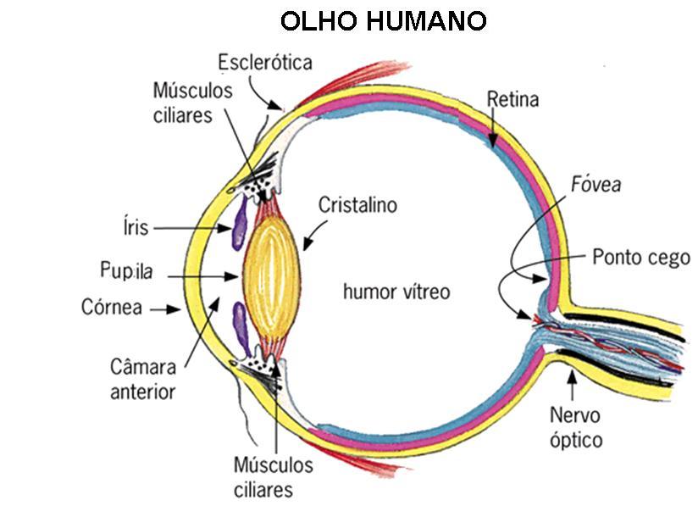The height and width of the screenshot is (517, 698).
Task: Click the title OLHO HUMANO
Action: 383,20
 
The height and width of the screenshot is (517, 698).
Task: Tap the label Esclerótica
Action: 264,63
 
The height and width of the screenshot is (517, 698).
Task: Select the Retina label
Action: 512,100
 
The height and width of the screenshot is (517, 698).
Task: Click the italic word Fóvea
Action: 596,184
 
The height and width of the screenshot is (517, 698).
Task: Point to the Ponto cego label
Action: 641,257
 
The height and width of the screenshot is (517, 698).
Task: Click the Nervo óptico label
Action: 575,428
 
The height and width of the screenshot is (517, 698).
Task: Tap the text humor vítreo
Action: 396,292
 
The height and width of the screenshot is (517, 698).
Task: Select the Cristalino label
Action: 357,205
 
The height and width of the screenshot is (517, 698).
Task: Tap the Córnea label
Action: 112,306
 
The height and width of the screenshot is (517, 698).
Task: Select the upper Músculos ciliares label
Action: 192,103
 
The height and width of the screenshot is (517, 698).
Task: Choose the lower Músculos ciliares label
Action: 272,477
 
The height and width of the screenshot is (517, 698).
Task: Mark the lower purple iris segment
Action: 241,328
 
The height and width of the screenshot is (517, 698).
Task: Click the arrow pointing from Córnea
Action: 167,310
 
